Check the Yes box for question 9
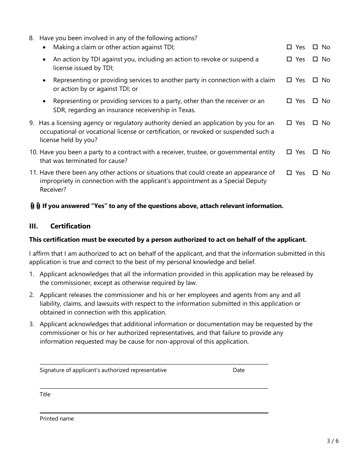pyautogui.click(x=289, y=123)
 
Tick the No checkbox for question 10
pyautogui.click(x=315, y=152)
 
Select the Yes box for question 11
pyautogui.click(x=289, y=173)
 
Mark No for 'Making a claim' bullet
pyautogui.click(x=315, y=47)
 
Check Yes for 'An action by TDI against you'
pyautogui.click(x=289, y=59)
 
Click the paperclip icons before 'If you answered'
pyautogui.click(x=35, y=206)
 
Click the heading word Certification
pyautogui.click(x=70, y=226)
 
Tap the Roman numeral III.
pyautogui.click(x=33, y=226)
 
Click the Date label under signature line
pyautogui.click(x=239, y=370)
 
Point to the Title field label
pyautogui.click(x=45, y=394)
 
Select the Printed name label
pyautogui.click(x=57, y=419)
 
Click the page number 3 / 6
pyautogui.click(x=333, y=441)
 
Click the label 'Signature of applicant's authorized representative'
pyautogui.click(x=103, y=370)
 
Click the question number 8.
pyautogui.click(x=31, y=38)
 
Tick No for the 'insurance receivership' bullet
pyautogui.click(x=315, y=101)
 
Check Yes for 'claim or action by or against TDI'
pyautogui.click(x=289, y=80)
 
